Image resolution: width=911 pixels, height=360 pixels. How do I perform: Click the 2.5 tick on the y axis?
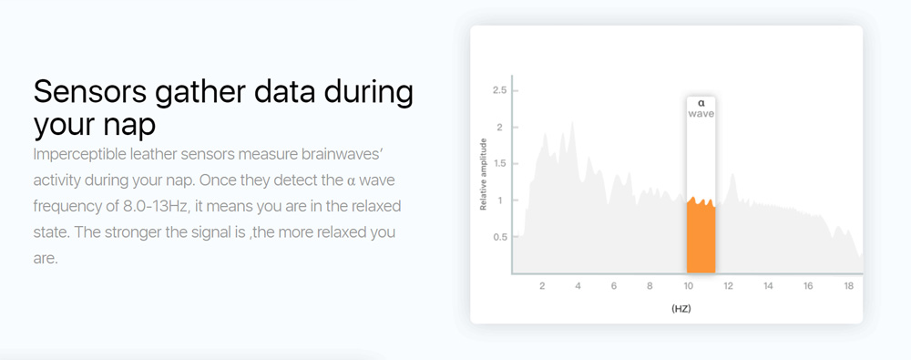[x=498, y=91]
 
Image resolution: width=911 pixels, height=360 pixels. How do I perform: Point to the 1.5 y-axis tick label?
[x=498, y=163]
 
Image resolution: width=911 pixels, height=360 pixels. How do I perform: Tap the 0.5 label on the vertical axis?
[x=498, y=237]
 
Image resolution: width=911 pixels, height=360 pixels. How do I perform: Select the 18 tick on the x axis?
[x=848, y=287]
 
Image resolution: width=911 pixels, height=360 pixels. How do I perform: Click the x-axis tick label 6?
[x=613, y=287]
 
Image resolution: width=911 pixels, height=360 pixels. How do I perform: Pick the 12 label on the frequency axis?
[x=729, y=287]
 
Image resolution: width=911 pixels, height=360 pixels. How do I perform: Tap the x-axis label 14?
[x=769, y=287]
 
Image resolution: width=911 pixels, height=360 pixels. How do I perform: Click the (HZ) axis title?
[x=681, y=309]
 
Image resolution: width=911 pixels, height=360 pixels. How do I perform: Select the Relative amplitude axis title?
[x=484, y=174]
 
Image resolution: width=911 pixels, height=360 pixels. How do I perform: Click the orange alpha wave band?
[x=701, y=236]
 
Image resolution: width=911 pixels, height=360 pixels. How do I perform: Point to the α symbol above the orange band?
[x=701, y=103]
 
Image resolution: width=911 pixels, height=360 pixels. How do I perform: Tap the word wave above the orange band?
[x=701, y=114]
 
